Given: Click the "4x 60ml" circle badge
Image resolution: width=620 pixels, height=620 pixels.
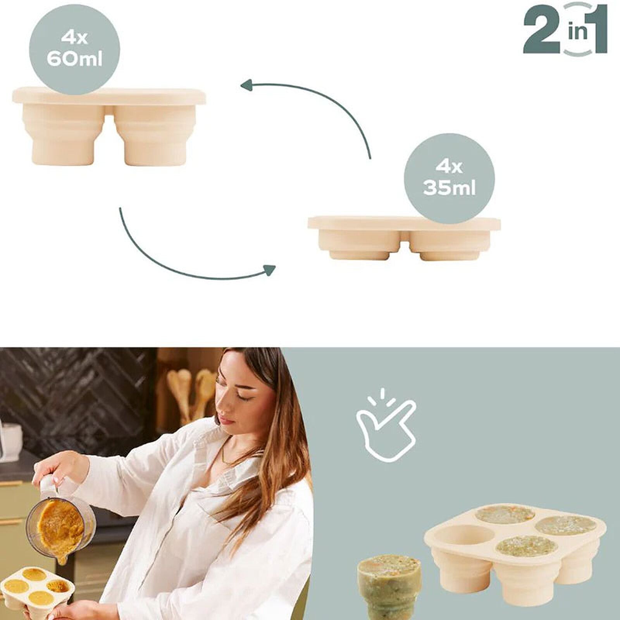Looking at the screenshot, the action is (x=74, y=49).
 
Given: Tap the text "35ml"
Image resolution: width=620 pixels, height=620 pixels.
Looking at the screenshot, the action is (x=449, y=189).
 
